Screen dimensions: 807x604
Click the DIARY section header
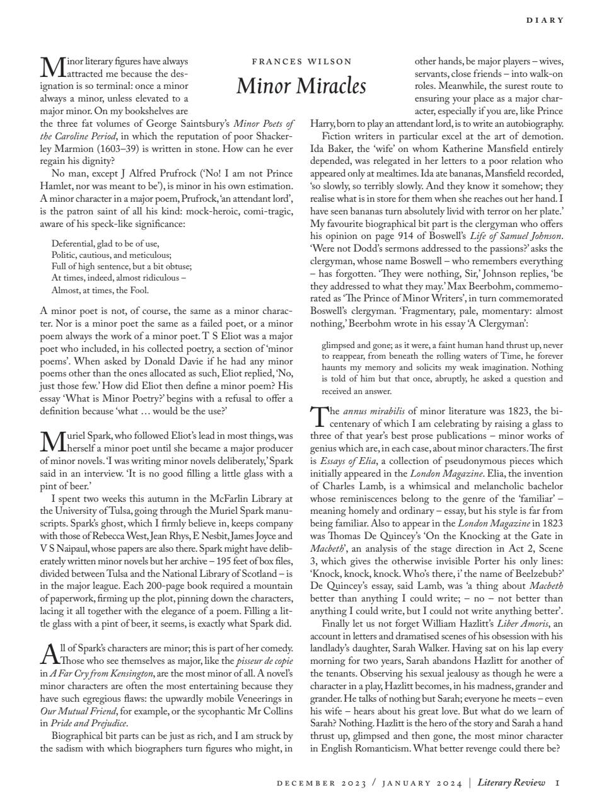click(545, 20)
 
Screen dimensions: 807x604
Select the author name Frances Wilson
click(301, 62)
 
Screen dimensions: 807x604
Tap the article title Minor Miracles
click(301, 85)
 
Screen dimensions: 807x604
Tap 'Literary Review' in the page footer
click(511, 782)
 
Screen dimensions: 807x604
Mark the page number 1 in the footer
click(557, 782)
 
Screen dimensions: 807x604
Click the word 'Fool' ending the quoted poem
click(140, 291)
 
